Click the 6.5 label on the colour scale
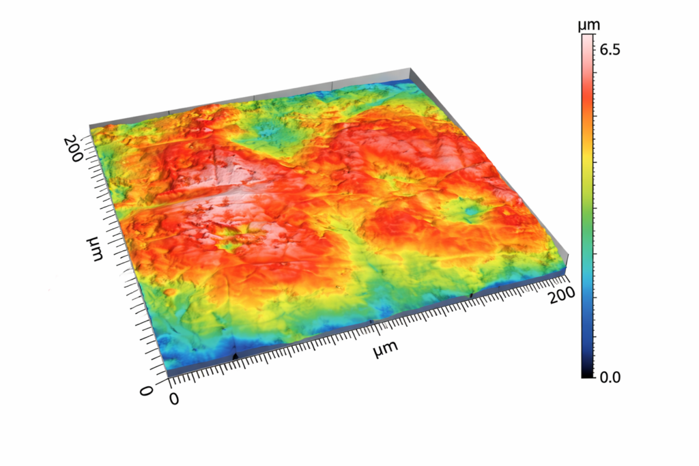point(610,50)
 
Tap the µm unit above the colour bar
point(588,26)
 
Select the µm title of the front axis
point(386,350)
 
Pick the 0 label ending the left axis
point(145,391)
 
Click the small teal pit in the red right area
point(470,215)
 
